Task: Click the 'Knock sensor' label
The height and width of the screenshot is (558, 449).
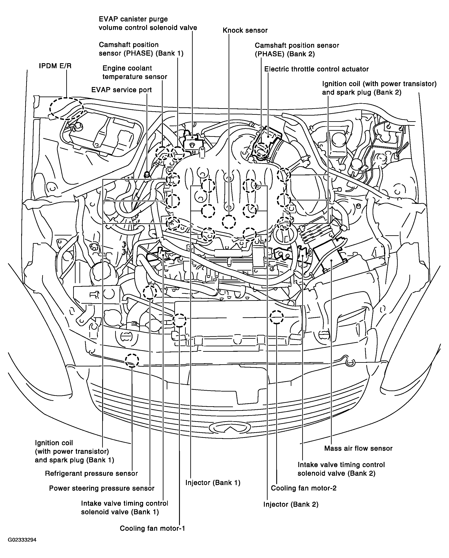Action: (245, 31)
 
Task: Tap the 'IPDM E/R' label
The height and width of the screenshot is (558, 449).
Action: (55, 66)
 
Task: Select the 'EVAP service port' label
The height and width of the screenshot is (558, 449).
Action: (121, 90)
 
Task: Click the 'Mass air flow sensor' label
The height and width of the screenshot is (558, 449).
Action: (358, 448)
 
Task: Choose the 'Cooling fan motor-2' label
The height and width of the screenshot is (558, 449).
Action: (304, 488)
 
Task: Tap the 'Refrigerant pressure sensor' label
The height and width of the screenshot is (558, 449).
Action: (91, 474)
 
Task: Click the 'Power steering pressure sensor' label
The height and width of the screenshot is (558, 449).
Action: (102, 488)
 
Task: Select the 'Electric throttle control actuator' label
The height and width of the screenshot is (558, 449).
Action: (316, 69)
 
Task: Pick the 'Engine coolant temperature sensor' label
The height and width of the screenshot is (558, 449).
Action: (135, 73)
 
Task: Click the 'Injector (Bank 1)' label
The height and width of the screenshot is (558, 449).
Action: (213, 483)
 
